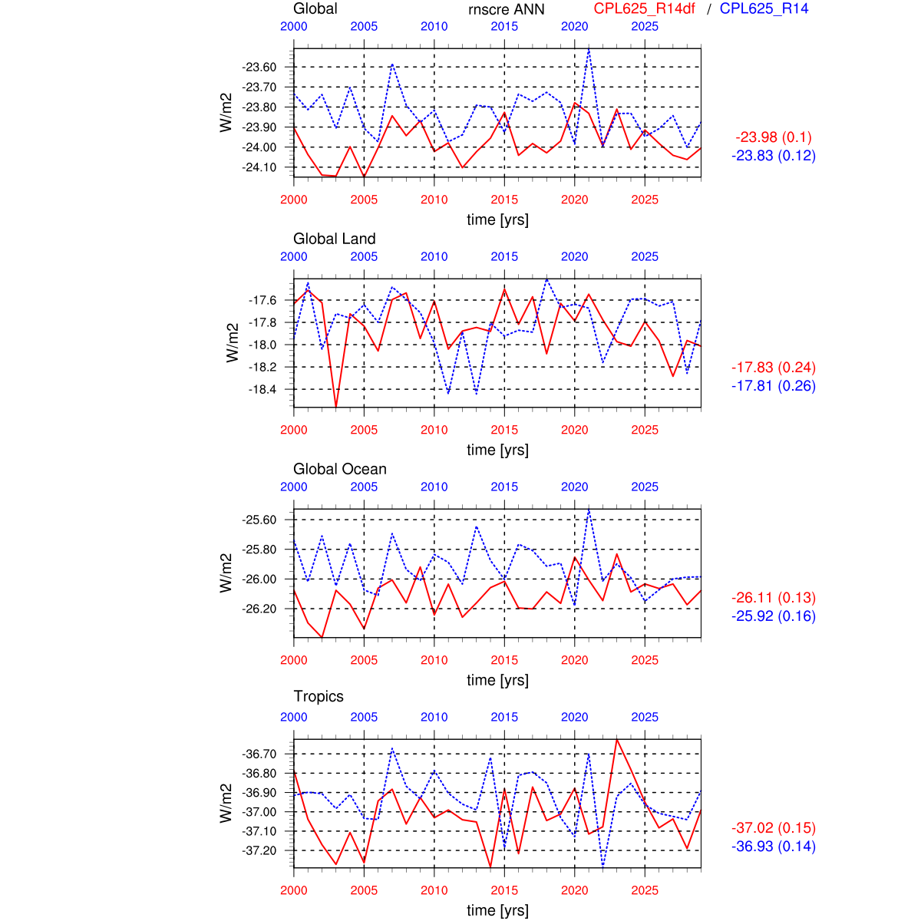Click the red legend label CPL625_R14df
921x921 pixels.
pyautogui.click(x=644, y=9)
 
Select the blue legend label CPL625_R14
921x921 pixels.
pyautogui.click(x=764, y=9)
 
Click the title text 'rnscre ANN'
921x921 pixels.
pyautogui.click(x=506, y=9)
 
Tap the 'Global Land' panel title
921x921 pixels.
pyautogui.click(x=334, y=239)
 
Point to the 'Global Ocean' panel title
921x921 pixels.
pyautogui.click(x=339, y=469)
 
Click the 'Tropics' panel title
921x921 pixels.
pyautogui.click(x=318, y=696)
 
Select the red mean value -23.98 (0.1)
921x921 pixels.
pyautogui.click(x=773, y=137)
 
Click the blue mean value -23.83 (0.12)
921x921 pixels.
pyautogui.click(x=773, y=156)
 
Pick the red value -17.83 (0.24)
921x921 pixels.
pyautogui.click(x=773, y=368)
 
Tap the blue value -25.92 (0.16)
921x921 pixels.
pyautogui.click(x=773, y=616)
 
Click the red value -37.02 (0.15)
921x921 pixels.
pyautogui.click(x=773, y=828)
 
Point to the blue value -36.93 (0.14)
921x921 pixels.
pyautogui.click(x=773, y=847)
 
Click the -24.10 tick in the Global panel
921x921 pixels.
pyautogui.click(x=259, y=167)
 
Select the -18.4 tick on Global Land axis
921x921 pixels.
pyautogui.click(x=262, y=390)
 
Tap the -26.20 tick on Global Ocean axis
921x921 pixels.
pyautogui.click(x=259, y=609)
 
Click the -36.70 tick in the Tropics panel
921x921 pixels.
pyautogui.click(x=259, y=754)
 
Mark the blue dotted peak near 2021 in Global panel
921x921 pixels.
pyautogui.click(x=589, y=49)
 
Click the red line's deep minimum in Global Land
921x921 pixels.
pyautogui.click(x=335, y=406)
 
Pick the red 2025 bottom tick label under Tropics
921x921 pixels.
pyautogui.click(x=645, y=890)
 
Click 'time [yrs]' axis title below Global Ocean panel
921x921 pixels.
pyautogui.click(x=497, y=680)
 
